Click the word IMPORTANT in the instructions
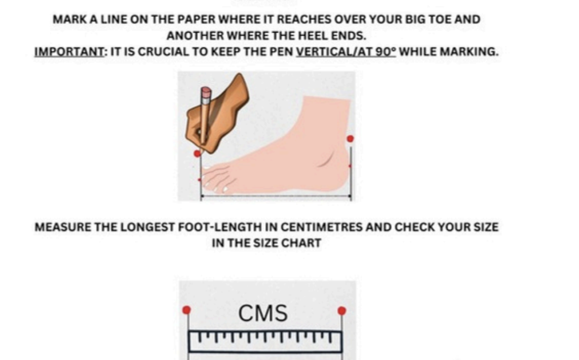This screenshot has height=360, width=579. (70, 51)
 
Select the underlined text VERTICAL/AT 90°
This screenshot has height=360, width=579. (346, 51)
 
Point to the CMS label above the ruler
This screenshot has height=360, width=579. (262, 314)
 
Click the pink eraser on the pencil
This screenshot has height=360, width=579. (206, 91)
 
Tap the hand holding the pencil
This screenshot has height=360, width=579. (218, 115)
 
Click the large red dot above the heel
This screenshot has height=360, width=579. (350, 139)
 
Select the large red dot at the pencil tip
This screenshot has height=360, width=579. (197, 153)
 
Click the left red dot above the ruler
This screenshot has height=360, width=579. (187, 310)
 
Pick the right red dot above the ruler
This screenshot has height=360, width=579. (342, 310)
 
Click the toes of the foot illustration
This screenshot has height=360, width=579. (218, 179)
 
